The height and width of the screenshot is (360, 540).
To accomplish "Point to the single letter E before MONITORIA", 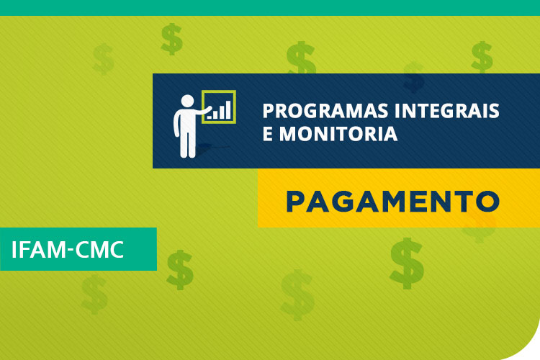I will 266,134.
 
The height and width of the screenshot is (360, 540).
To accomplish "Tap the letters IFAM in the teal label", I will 38,249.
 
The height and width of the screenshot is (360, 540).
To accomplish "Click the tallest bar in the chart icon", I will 229,109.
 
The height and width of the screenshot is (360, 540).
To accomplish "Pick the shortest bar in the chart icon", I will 210,116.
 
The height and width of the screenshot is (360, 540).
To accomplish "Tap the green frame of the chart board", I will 219,91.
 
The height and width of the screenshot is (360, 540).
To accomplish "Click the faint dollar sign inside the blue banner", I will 413,77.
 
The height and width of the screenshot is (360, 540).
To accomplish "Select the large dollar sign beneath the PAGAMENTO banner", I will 407,261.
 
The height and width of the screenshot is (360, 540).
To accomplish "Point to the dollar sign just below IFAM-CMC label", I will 179,269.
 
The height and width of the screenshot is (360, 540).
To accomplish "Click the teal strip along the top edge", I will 270,7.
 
